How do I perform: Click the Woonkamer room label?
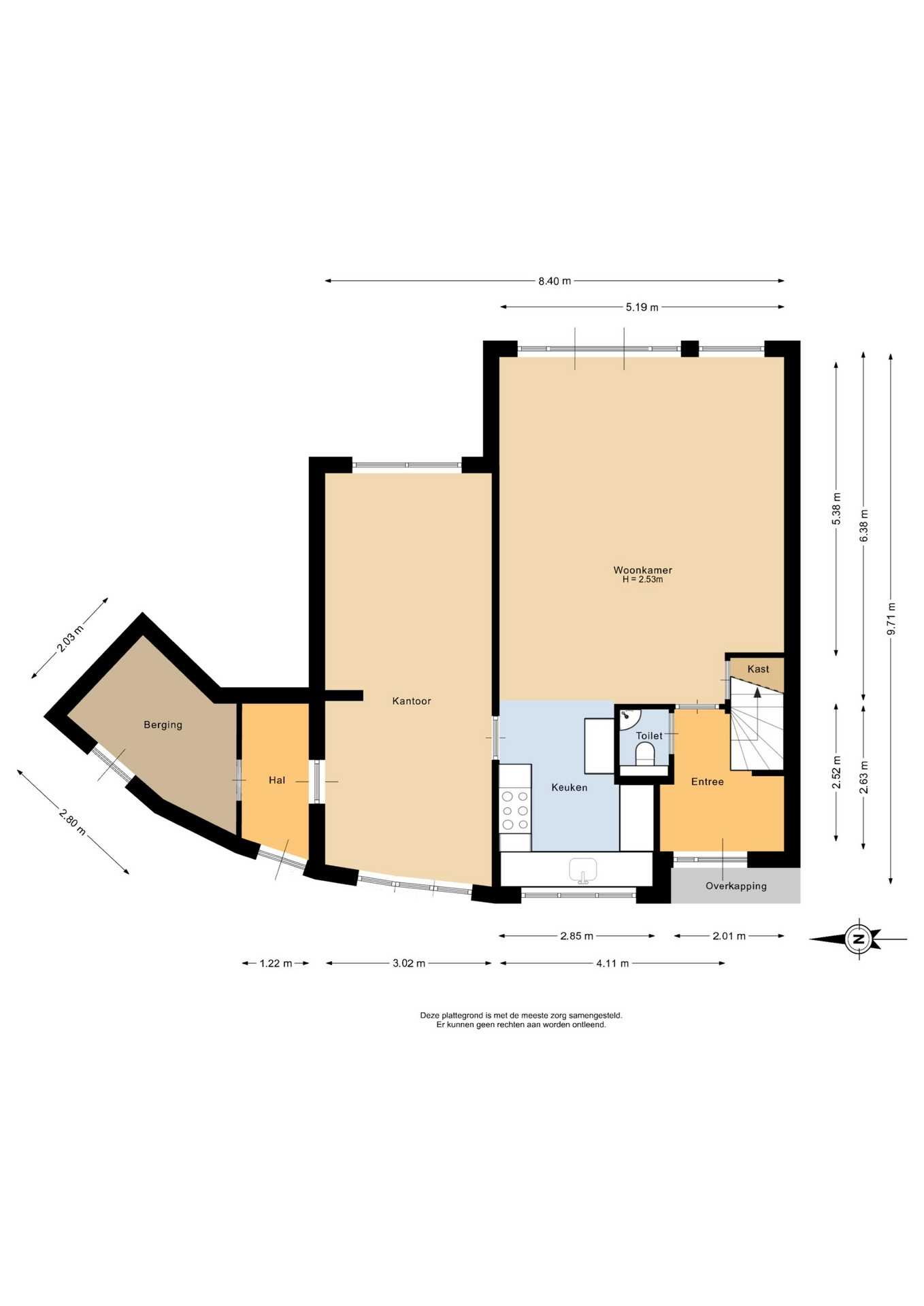(642, 570)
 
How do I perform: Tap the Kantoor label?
(412, 701)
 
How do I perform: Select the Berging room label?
(163, 725)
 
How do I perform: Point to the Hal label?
(277, 780)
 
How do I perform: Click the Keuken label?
(570, 787)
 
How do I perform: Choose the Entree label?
(708, 782)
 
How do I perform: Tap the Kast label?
(758, 669)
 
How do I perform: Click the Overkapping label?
(736, 886)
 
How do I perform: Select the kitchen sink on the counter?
(582, 870)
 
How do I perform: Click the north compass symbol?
(858, 939)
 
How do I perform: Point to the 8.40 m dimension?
(555, 281)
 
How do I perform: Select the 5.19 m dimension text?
(642, 307)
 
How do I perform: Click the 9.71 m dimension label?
(891, 619)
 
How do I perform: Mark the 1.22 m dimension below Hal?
(276, 963)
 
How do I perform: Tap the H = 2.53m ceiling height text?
(642, 580)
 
